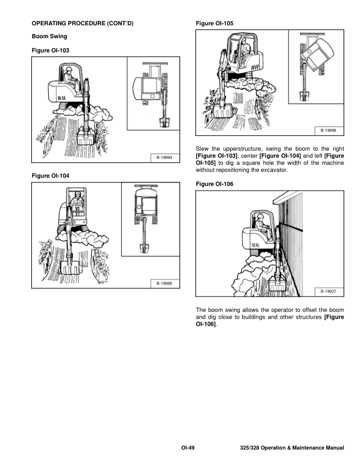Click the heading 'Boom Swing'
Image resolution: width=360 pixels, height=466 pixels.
pos(49,36)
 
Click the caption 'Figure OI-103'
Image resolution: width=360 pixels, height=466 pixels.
pos(51,51)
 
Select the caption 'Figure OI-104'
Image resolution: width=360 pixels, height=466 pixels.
pos(51,176)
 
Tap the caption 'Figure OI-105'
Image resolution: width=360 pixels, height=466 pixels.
pos(215,24)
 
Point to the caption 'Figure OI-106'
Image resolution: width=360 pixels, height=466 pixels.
pos(215,184)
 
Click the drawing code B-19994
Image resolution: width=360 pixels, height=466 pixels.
pos(164,158)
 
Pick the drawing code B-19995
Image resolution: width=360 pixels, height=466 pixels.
pos(164,283)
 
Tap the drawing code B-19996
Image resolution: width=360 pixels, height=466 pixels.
pos(328,131)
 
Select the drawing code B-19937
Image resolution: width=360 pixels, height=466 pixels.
pos(328,292)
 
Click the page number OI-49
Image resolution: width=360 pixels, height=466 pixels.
pos(188,448)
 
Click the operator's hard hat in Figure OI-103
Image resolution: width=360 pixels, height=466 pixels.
pos(69,69)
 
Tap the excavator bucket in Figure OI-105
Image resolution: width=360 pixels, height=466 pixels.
pos(222,111)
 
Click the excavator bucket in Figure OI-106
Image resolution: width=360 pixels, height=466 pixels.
pos(278,284)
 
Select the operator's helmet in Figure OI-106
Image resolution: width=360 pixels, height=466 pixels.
pos(261,216)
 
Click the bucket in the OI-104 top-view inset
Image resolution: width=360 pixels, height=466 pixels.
pos(145,248)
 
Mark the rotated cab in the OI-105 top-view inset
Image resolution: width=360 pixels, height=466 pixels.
pos(317,54)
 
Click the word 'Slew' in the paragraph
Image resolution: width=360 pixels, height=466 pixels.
pos(202,149)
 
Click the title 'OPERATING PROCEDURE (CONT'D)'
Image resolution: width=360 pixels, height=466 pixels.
pos(82,24)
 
